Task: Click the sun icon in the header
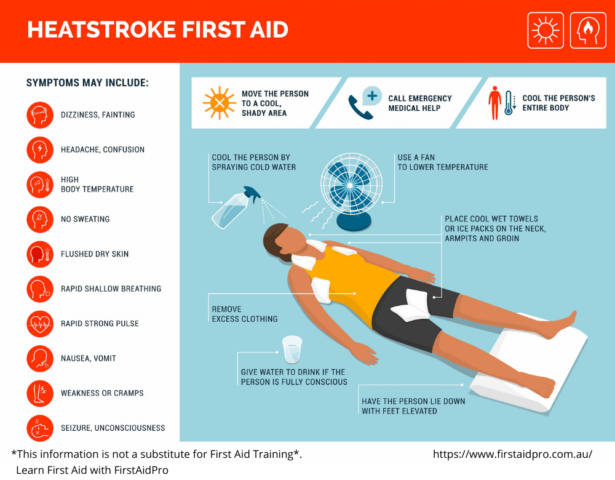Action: click(546, 30)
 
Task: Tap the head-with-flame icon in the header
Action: click(588, 30)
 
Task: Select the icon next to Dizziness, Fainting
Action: click(40, 114)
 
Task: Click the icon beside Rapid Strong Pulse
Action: click(40, 324)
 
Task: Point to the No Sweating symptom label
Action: click(85, 219)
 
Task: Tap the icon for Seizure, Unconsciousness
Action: click(40, 428)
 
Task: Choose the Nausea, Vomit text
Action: click(88, 358)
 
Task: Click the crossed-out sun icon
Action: click(220, 102)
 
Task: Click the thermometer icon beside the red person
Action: click(509, 103)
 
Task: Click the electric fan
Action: click(352, 187)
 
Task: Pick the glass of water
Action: click(292, 349)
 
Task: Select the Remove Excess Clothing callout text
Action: click(244, 314)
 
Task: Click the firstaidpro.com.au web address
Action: click(512, 454)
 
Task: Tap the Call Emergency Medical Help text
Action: click(419, 103)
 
